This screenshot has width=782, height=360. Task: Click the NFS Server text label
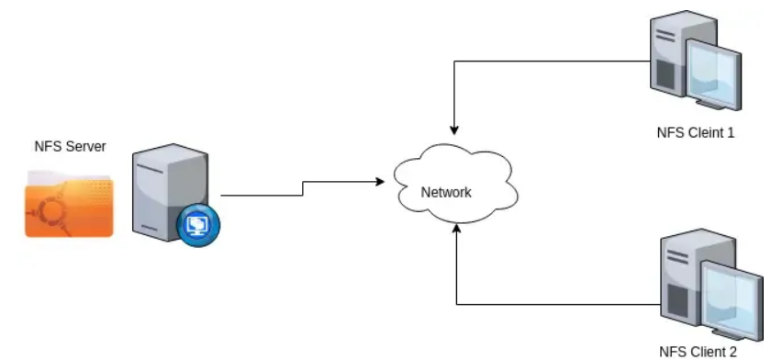click(70, 147)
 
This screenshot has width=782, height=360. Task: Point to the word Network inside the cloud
click(445, 193)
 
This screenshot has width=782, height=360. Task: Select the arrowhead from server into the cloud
click(379, 182)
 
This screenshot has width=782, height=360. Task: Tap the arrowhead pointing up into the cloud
click(456, 233)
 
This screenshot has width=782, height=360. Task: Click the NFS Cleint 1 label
click(695, 132)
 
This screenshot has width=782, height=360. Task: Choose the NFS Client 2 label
click(698, 350)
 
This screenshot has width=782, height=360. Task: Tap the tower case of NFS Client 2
click(685, 280)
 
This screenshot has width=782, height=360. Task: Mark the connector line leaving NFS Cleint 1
click(551, 62)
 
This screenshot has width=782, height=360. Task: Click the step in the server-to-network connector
click(303, 188)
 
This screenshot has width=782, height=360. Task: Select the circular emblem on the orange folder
click(49, 214)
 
